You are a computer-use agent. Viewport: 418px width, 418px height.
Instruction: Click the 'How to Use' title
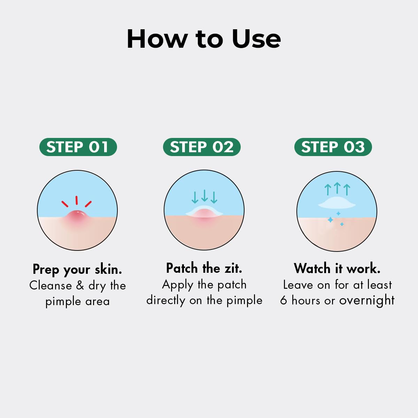(204, 39)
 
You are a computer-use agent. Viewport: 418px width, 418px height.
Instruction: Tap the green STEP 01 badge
(78, 147)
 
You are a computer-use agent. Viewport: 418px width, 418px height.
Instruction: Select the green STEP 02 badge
(202, 147)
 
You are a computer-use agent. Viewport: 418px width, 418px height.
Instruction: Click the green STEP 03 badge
(333, 147)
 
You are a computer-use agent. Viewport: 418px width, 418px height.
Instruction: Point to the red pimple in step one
(78, 217)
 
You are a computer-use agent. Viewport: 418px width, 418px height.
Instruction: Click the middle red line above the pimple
(77, 200)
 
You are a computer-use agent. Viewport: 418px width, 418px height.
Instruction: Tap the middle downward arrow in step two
(204, 195)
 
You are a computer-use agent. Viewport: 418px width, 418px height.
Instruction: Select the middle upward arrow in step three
(337, 188)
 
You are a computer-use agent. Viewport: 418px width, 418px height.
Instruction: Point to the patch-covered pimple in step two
(204, 212)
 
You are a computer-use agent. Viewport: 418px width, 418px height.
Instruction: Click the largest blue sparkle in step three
(330, 220)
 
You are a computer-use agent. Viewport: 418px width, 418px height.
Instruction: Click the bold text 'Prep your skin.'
(77, 270)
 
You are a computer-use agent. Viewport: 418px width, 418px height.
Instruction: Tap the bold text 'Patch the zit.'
(204, 268)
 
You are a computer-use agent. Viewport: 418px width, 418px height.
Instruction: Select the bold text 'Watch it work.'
(337, 268)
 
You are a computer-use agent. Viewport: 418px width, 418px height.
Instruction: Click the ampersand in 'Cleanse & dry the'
(80, 286)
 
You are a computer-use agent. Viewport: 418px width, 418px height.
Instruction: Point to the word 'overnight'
(367, 301)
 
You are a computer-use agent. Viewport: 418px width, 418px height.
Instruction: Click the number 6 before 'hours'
(284, 300)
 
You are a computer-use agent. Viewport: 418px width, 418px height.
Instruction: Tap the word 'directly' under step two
(166, 301)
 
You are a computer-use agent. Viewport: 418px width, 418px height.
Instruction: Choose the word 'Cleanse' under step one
(51, 286)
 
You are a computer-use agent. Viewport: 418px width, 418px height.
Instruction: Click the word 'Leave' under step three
(298, 285)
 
